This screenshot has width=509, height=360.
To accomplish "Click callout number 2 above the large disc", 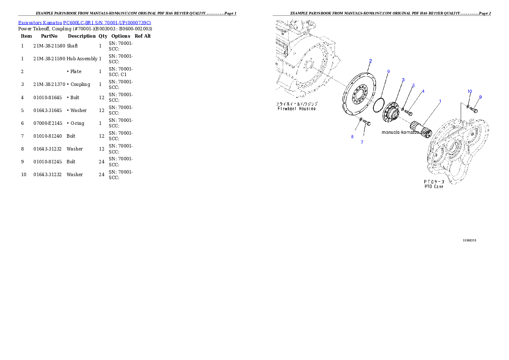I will (370, 61).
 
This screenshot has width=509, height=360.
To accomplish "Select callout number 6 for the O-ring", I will (388, 71).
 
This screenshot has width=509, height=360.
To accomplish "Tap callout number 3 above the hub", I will (403, 80).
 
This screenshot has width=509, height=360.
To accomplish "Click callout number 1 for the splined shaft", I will (440, 101).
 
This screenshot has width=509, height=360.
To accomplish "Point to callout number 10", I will (469, 91).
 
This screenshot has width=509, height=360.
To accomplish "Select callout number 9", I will (480, 97).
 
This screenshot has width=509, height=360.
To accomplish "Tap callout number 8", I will (352, 137).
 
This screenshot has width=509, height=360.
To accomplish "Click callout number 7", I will (362, 142).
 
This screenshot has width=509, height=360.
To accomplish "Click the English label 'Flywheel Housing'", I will (296, 109).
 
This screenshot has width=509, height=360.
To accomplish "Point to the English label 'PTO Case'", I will (434, 186).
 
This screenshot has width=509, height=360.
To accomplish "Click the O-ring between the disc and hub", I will (379, 105).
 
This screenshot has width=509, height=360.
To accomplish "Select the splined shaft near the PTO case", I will (420, 129).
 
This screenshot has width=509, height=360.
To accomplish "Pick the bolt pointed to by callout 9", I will (473, 109).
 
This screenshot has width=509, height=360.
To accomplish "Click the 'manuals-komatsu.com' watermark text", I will (404, 133).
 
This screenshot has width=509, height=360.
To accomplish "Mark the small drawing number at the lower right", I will (469, 240).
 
